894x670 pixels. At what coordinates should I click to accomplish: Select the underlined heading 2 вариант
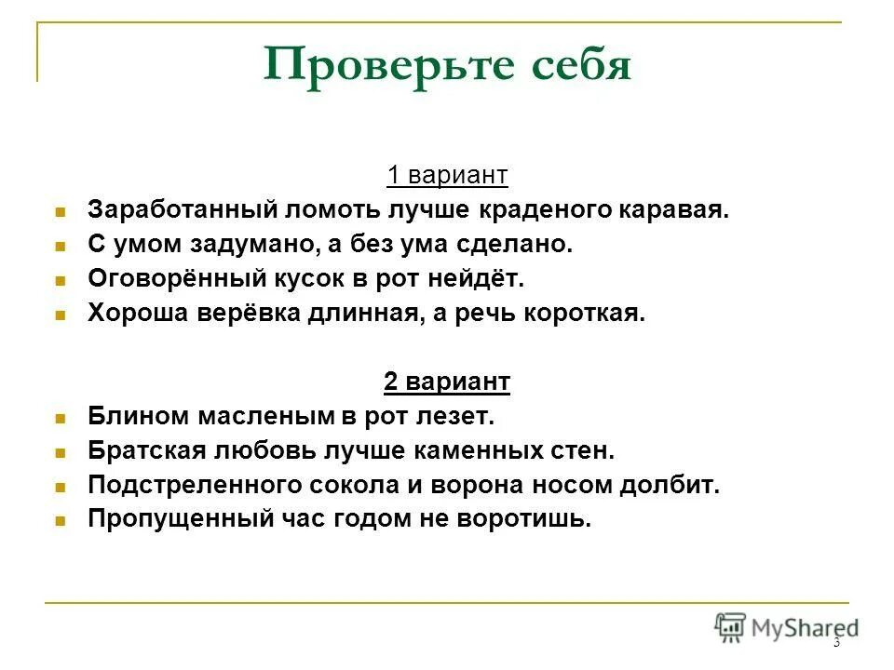tap(447, 382)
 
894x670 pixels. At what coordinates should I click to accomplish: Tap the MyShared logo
tap(787, 627)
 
